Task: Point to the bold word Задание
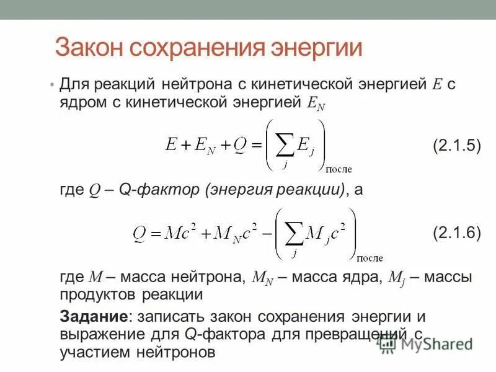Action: pos(93,316)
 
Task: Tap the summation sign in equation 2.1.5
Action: pos(284,146)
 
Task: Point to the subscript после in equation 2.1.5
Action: pos(339,168)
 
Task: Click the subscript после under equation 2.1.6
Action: pos(370,257)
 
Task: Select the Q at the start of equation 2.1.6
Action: pos(139,234)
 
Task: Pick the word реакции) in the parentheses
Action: pos(314,190)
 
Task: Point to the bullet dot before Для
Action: pos(52,84)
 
